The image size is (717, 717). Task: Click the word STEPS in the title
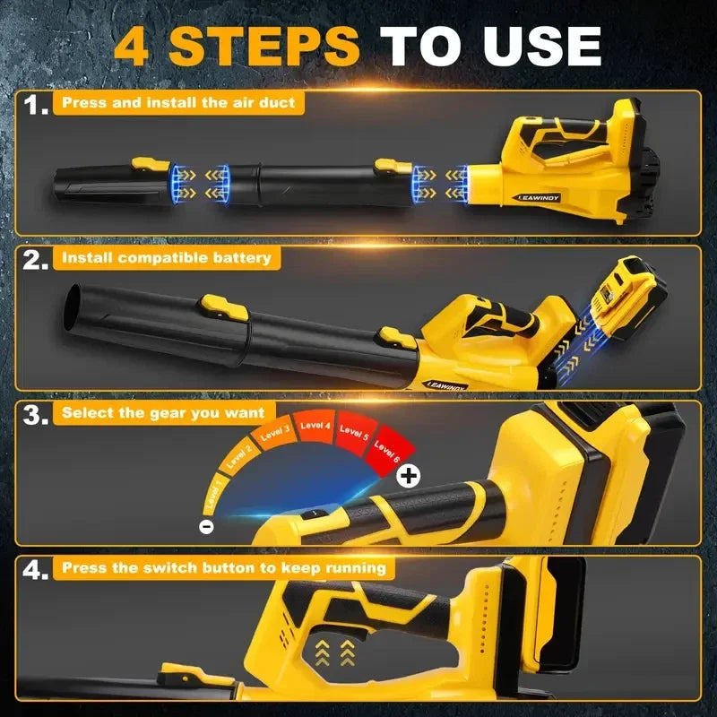(x=263, y=46)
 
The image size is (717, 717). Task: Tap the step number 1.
(x=36, y=105)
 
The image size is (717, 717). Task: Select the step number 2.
(x=35, y=260)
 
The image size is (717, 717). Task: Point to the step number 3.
(x=35, y=415)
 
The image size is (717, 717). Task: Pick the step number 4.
(x=35, y=570)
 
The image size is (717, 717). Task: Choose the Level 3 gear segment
(x=273, y=432)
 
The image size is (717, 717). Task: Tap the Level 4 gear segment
(x=315, y=427)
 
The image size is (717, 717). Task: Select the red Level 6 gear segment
(x=389, y=451)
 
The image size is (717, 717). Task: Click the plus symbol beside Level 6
(x=408, y=477)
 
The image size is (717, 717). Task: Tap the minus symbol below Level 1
(x=207, y=527)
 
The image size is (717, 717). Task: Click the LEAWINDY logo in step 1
(x=539, y=198)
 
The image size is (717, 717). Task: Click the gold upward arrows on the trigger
(x=334, y=652)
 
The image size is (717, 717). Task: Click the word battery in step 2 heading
(x=240, y=257)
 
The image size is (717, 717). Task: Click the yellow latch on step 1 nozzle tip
(x=151, y=164)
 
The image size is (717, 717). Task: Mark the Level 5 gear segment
(x=354, y=433)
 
